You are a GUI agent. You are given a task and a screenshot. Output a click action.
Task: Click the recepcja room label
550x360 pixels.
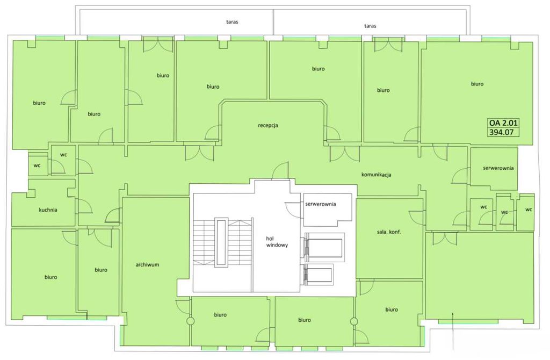268,125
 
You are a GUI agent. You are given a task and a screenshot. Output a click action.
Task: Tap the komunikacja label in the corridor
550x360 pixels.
376,175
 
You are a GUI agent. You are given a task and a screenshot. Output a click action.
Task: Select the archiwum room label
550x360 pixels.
147,264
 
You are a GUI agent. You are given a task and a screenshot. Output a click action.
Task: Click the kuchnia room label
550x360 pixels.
48,210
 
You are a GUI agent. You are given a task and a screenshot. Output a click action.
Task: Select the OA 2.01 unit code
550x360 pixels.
503,123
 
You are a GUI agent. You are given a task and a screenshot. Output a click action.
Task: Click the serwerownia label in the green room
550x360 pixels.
498,168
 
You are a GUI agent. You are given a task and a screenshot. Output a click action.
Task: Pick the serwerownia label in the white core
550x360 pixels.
321,204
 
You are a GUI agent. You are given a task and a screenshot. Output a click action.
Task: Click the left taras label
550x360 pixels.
232,21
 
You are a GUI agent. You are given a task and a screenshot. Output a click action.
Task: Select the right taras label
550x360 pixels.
370,26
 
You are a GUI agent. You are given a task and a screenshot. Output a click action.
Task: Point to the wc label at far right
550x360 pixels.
529,210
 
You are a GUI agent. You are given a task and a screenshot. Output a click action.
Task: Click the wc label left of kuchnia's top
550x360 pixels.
37,165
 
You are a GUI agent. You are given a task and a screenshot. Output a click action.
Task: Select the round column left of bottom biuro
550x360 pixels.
191,321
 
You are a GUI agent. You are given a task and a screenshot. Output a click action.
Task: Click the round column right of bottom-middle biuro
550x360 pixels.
354,321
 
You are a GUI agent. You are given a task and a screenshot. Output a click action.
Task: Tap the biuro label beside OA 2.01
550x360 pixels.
477,84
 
